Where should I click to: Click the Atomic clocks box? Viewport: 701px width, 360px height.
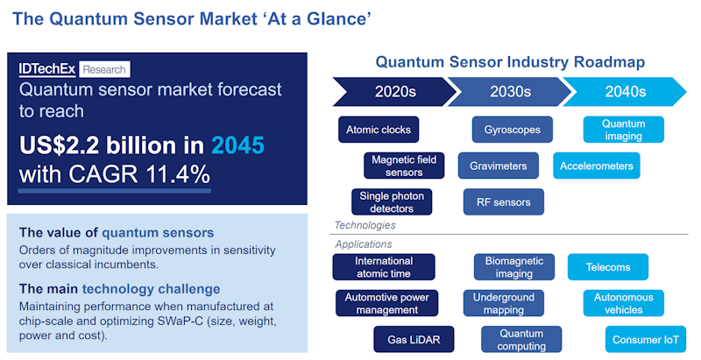click(378, 130)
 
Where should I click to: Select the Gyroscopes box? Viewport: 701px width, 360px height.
click(513, 130)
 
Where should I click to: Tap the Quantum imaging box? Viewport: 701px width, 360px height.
click(624, 130)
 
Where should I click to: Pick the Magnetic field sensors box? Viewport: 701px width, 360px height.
click(404, 166)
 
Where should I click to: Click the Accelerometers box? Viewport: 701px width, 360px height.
click(597, 166)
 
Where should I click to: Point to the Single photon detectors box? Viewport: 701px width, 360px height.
click(392, 201)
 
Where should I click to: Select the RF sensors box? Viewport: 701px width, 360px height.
click(504, 201)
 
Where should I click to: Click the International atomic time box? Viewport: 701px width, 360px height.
click(384, 267)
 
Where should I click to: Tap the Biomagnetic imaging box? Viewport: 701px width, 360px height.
click(514, 267)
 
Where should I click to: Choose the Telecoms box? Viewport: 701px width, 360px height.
click(608, 267)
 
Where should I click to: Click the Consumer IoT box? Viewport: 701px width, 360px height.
click(645, 339)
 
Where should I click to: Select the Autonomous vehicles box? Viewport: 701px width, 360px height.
click(624, 303)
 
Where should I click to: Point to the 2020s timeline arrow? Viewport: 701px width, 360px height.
click(390, 91)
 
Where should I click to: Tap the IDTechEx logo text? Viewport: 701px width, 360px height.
click(47, 69)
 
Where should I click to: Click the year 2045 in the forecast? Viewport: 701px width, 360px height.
click(235, 145)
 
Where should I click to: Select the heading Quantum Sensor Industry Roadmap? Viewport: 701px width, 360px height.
click(510, 62)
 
